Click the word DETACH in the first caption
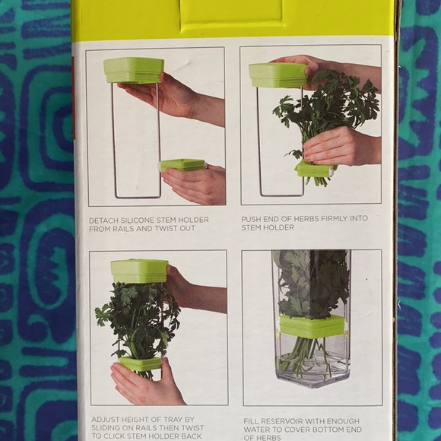(104, 220)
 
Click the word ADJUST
(105, 418)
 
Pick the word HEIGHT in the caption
(140, 418)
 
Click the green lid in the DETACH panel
(134, 70)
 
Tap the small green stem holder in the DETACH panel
(182, 164)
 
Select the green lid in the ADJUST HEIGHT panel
(139, 271)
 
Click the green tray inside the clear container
(312, 326)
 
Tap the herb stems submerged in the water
(308, 357)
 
